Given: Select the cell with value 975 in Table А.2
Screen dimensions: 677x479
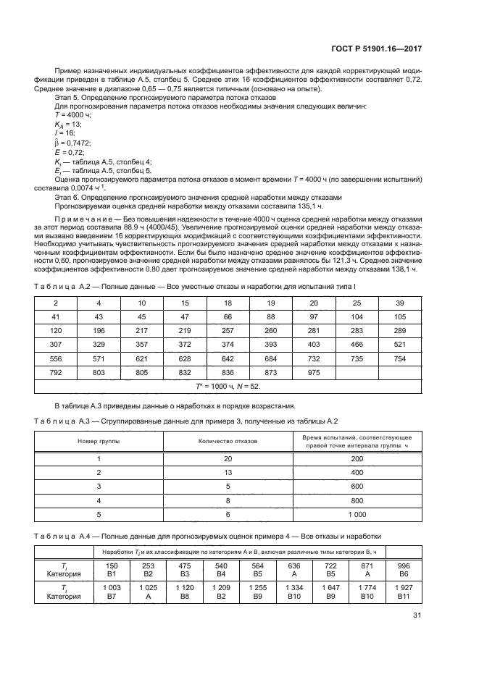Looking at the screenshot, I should (x=314, y=372).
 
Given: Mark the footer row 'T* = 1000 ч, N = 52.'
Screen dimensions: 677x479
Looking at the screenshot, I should (x=239, y=386).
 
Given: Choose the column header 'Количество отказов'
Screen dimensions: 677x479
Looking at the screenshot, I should (x=228, y=440).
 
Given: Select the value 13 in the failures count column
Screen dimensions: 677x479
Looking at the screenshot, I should (x=228, y=473).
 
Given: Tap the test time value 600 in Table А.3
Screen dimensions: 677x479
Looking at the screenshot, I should (x=357, y=486).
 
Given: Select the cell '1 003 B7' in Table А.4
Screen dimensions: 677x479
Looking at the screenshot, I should (x=112, y=594).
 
